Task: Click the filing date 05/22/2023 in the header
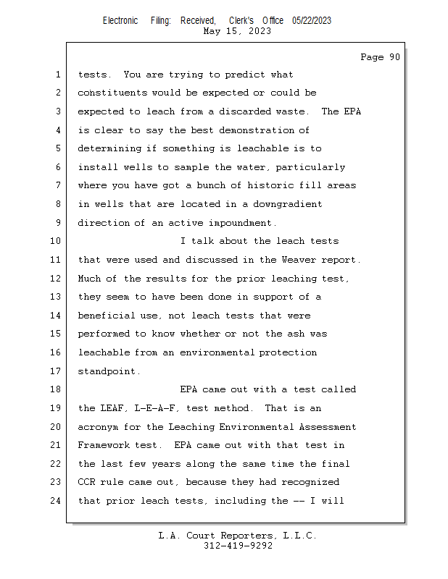[312, 21]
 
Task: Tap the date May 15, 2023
[238, 31]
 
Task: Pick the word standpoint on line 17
[107, 371]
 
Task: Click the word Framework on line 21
[104, 445]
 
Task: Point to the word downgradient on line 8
[287, 204]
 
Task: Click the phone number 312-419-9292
[238, 546]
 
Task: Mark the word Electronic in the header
[120, 21]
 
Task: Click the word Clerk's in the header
[244, 21]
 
